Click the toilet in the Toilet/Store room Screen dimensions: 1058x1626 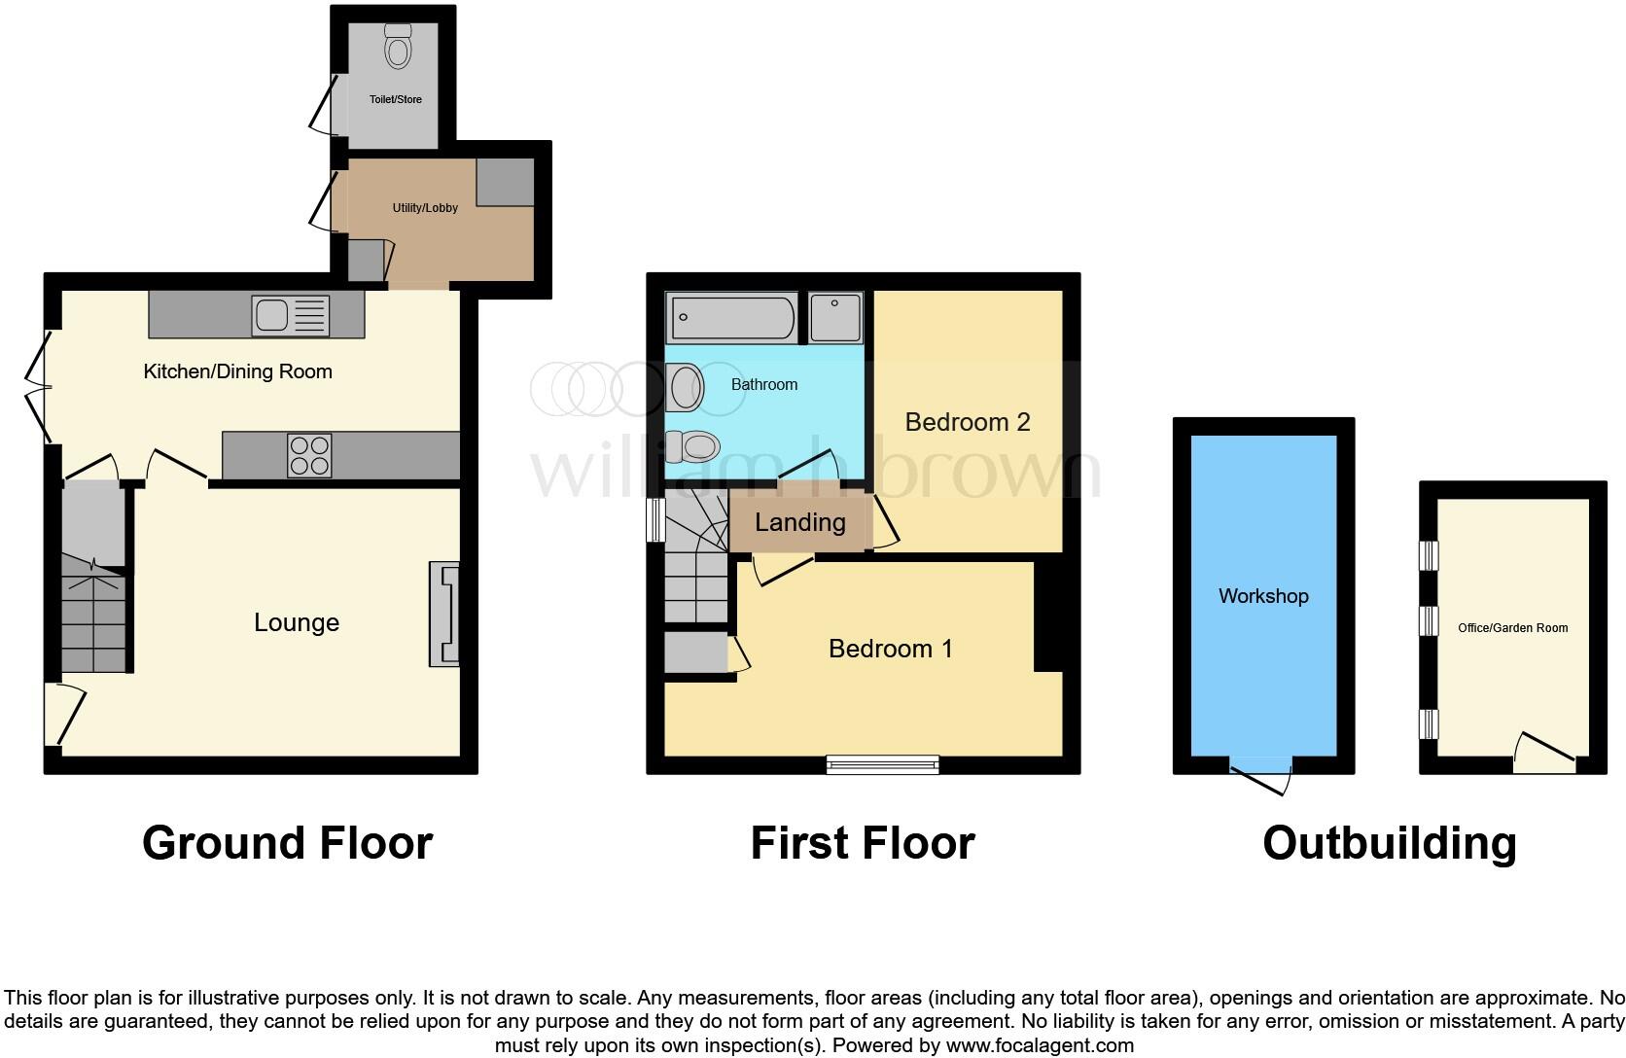[398, 46]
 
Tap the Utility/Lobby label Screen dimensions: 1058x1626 [425, 207]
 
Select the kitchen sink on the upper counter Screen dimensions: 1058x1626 [291, 315]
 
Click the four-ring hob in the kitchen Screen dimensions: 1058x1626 [309, 455]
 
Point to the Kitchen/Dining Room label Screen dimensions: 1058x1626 [237, 371]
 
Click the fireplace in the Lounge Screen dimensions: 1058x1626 [444, 614]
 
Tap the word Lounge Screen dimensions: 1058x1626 [297, 622]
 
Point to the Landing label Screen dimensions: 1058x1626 [799, 522]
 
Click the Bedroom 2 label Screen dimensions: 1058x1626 [967, 422]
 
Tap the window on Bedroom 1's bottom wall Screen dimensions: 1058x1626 [883, 765]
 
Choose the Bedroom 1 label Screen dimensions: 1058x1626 [890, 649]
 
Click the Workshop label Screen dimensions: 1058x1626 [1263, 596]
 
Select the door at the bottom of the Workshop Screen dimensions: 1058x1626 [1262, 772]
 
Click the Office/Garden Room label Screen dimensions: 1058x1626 [1512, 628]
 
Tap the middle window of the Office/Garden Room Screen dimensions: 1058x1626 [1429, 620]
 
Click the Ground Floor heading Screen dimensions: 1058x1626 [287, 843]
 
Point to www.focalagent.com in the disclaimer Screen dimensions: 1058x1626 [1040, 1046]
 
